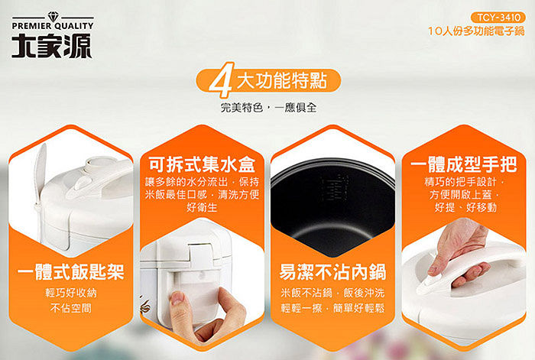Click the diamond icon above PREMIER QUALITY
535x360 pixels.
(53, 16)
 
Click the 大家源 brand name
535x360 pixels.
(52, 46)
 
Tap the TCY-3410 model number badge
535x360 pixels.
(498, 18)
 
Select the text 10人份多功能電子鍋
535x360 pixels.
(476, 31)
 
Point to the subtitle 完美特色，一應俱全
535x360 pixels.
(268, 108)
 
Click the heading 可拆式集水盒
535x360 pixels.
(202, 164)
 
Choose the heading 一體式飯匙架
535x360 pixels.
(70, 271)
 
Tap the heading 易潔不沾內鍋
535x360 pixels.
(332, 271)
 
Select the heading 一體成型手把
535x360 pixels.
(464, 164)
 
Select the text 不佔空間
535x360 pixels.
(70, 309)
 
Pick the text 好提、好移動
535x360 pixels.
(465, 207)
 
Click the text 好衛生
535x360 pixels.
(202, 207)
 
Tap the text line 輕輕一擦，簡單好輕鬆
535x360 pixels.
(332, 309)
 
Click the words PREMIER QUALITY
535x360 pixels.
(53, 26)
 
